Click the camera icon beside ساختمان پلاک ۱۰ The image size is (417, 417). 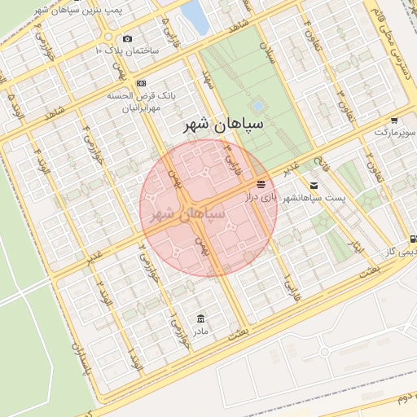(x=127, y=38)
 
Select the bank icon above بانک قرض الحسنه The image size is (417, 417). (x=142, y=83)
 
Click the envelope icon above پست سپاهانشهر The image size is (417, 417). (x=314, y=186)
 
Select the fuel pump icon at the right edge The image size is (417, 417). (x=413, y=239)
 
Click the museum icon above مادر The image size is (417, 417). (x=200, y=318)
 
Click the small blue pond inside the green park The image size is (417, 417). (x=258, y=105)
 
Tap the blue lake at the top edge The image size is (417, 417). (x=195, y=16)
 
